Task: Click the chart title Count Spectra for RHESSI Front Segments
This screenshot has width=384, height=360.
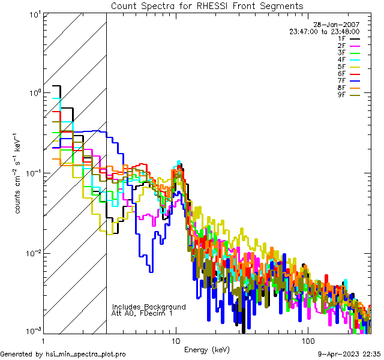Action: tap(207, 6)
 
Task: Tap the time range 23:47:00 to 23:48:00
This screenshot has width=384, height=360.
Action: tap(325, 31)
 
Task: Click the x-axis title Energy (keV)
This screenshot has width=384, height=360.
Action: tap(206, 349)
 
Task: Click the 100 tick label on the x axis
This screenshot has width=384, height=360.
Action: tap(307, 340)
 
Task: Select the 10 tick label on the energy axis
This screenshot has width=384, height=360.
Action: tap(176, 340)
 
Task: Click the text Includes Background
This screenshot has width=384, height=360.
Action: tap(149, 307)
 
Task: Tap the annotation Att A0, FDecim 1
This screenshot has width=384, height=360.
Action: tap(142, 313)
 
